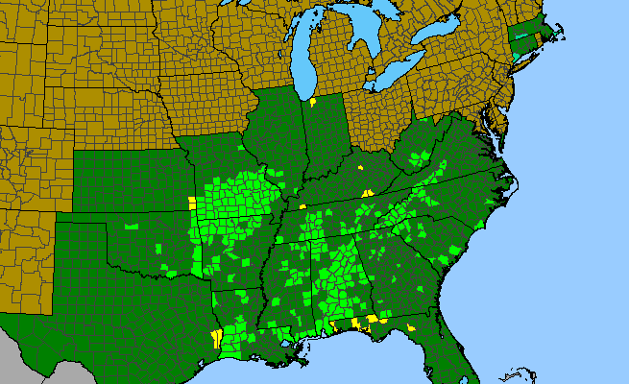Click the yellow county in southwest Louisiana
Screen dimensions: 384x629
pos(216,339)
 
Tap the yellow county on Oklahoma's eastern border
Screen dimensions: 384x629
pos(192,204)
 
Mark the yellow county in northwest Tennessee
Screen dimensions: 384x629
pos(302,206)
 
